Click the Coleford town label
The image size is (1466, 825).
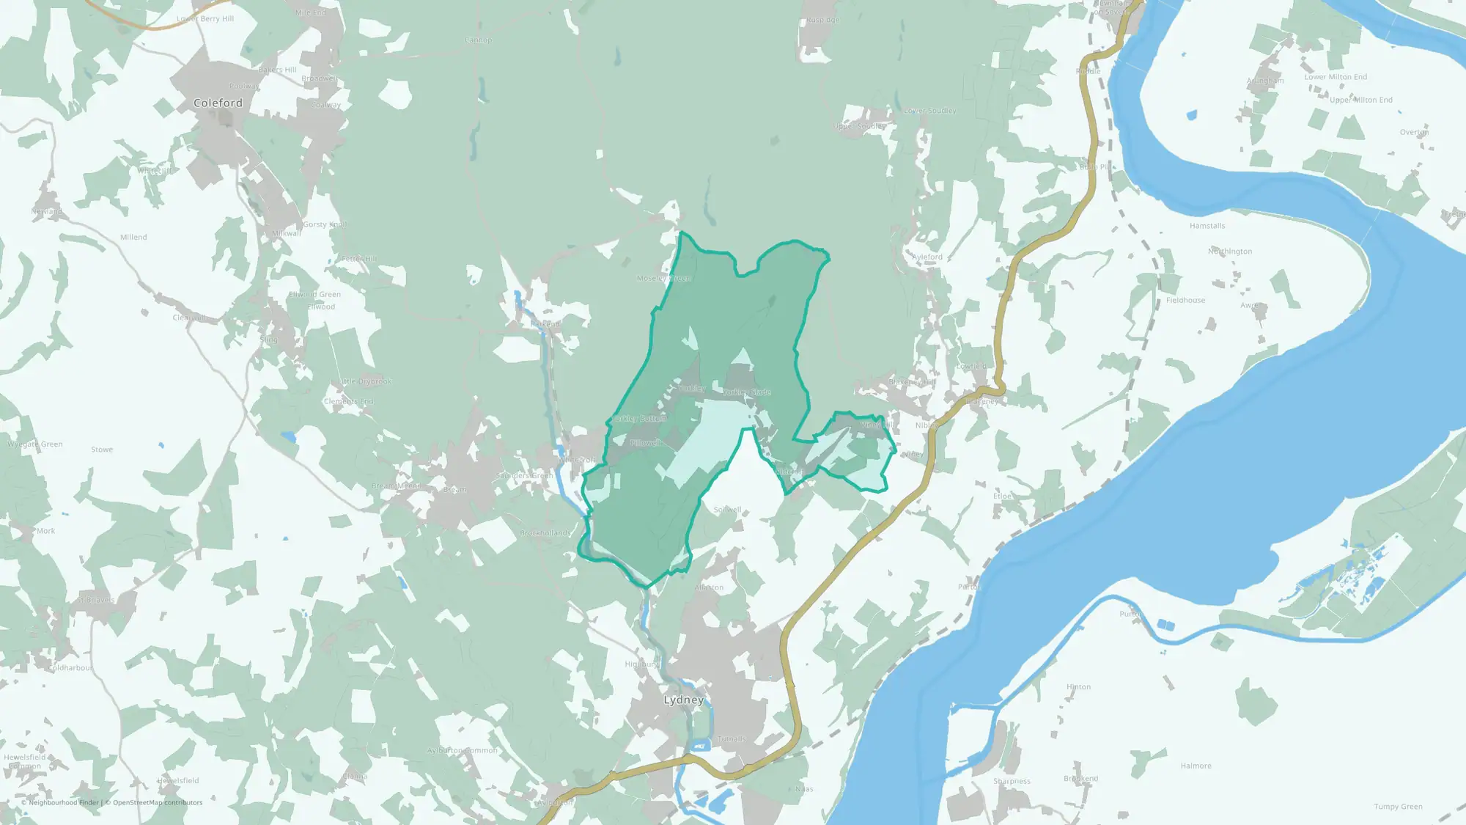(x=218, y=103)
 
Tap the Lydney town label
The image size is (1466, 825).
(x=683, y=700)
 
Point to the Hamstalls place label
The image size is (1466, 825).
(x=1207, y=226)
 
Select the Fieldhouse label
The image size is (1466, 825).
(x=1185, y=300)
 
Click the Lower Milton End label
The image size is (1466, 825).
(x=1336, y=77)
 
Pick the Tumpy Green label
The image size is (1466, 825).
(x=1398, y=807)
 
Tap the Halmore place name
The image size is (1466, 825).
(x=1196, y=766)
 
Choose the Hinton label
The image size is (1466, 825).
(x=1078, y=687)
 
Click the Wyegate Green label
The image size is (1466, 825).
(x=35, y=444)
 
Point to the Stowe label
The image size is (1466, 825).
(x=102, y=450)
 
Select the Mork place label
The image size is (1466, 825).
(x=45, y=531)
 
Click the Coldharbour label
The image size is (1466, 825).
(x=71, y=668)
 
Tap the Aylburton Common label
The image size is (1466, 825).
(x=462, y=750)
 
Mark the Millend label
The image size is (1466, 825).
(x=133, y=237)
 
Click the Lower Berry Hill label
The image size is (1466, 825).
(x=205, y=18)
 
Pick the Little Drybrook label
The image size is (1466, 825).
(x=365, y=381)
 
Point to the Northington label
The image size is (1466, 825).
(x=1230, y=252)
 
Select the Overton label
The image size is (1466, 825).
(x=1414, y=133)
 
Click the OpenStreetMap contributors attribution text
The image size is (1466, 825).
(x=153, y=802)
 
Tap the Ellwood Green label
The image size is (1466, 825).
(x=314, y=295)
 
